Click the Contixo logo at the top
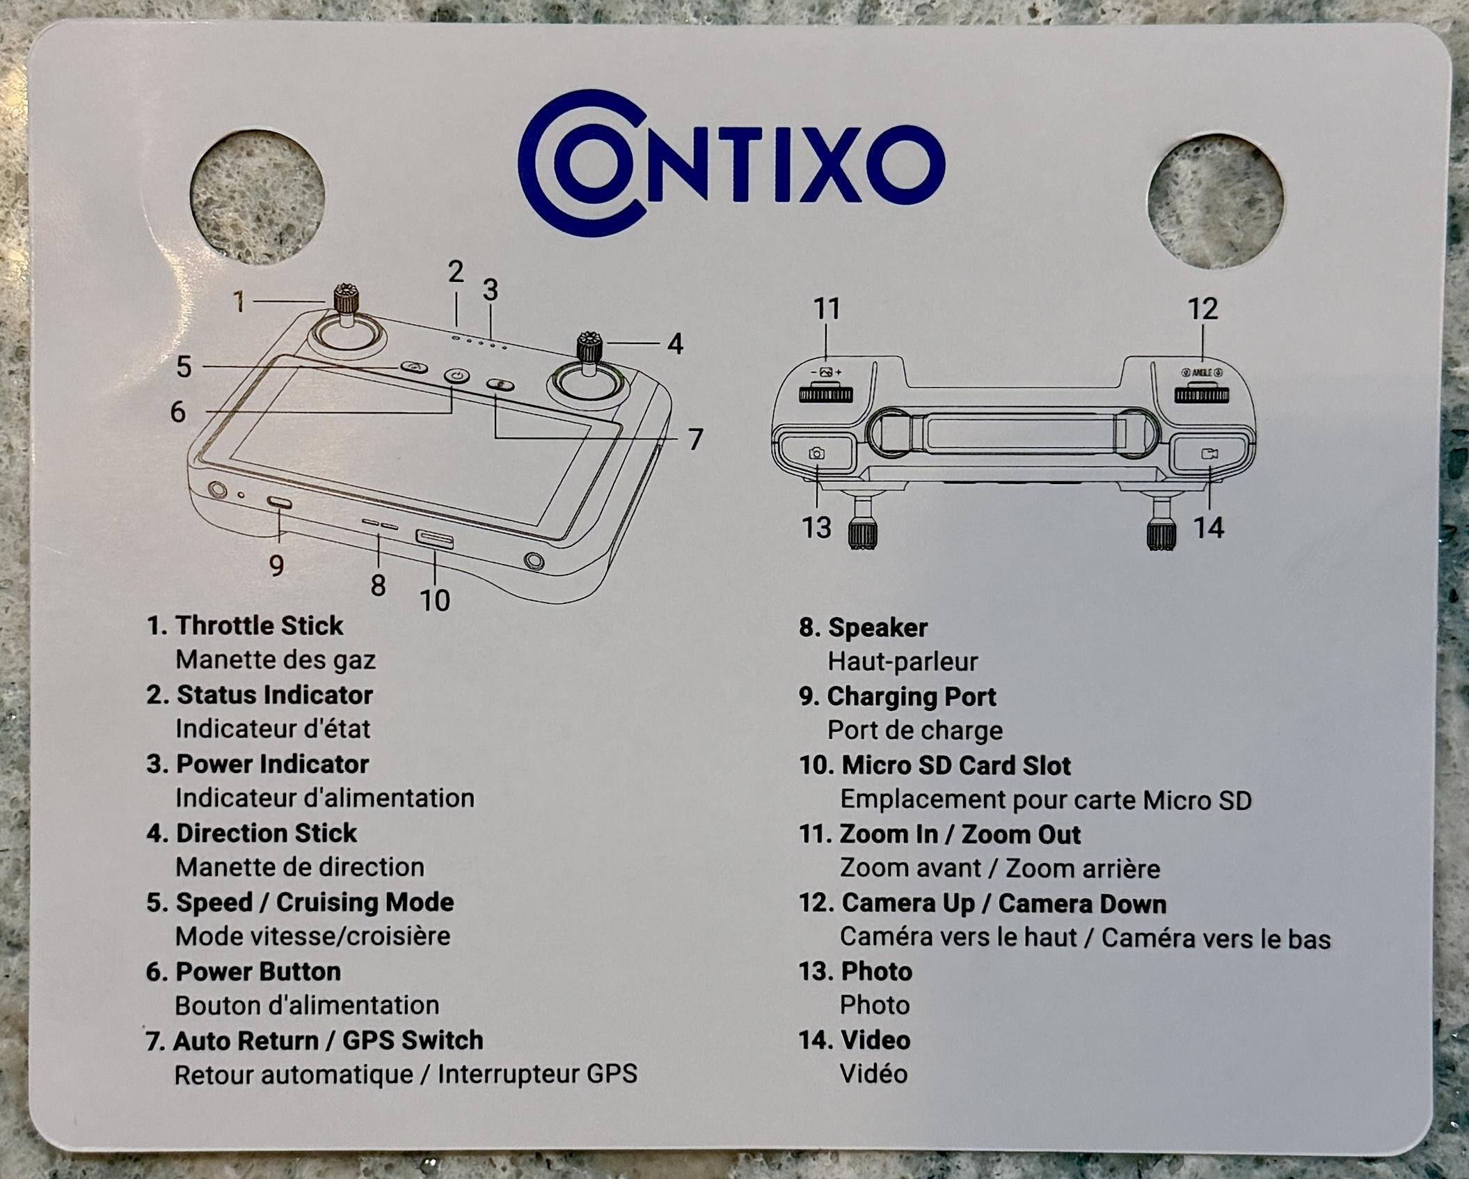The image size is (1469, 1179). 731,164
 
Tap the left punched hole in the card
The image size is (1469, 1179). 257,198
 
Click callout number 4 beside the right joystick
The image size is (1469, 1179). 675,343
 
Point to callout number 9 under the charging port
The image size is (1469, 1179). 276,565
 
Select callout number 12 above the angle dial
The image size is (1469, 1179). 1203,309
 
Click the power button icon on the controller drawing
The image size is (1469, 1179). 456,377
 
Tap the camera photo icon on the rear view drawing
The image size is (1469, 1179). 817,454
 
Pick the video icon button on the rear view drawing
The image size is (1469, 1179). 1210,454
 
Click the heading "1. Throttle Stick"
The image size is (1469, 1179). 245,625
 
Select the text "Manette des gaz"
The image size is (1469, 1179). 276,659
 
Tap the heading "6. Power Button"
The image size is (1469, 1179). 244,971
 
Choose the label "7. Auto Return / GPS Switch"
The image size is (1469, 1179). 315,1040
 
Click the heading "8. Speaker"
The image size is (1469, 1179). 863,627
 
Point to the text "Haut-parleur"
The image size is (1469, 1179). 903,662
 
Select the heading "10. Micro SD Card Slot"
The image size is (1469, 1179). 935,765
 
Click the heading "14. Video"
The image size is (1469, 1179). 855,1040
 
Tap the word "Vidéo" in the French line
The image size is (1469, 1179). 873,1074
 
